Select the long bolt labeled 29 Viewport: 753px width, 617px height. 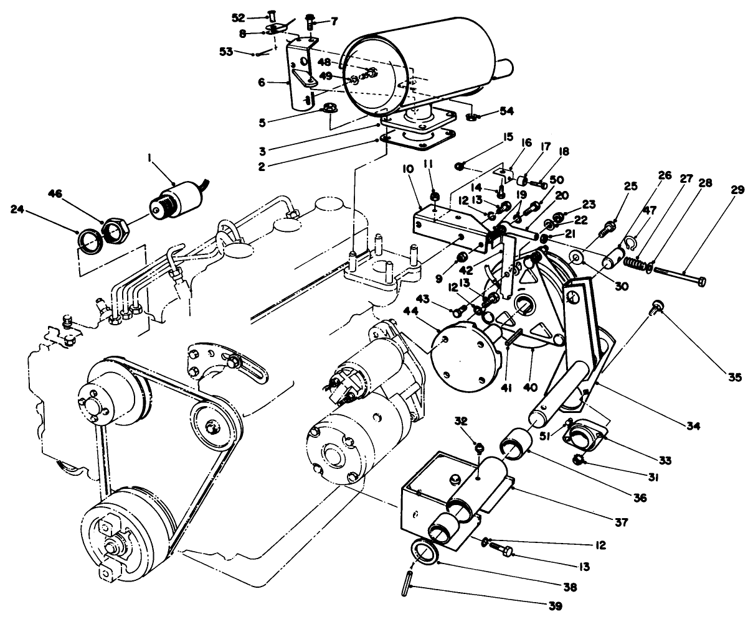click(x=680, y=277)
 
